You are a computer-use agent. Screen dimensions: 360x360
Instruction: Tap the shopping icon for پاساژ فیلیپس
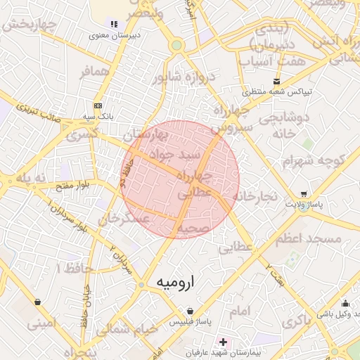[x=190, y=310]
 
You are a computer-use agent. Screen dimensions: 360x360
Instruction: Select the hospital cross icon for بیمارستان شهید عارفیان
[x=224, y=342]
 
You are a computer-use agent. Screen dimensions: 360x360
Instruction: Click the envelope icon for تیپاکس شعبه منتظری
[x=276, y=82]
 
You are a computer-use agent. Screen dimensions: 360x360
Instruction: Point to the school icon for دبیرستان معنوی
[x=114, y=24]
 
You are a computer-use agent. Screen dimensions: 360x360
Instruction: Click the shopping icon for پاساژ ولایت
[x=303, y=194]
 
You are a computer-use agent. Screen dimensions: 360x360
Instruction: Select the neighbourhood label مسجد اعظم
[x=309, y=239]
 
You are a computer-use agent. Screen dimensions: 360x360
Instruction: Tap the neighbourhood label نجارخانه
[x=259, y=195]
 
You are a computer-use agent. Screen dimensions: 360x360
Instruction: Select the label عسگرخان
[x=124, y=220]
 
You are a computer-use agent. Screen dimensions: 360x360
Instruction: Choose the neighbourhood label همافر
[x=95, y=72]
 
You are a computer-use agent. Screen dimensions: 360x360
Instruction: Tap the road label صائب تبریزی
[x=48, y=113]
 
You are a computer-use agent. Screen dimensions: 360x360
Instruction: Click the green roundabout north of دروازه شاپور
[x=176, y=46]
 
